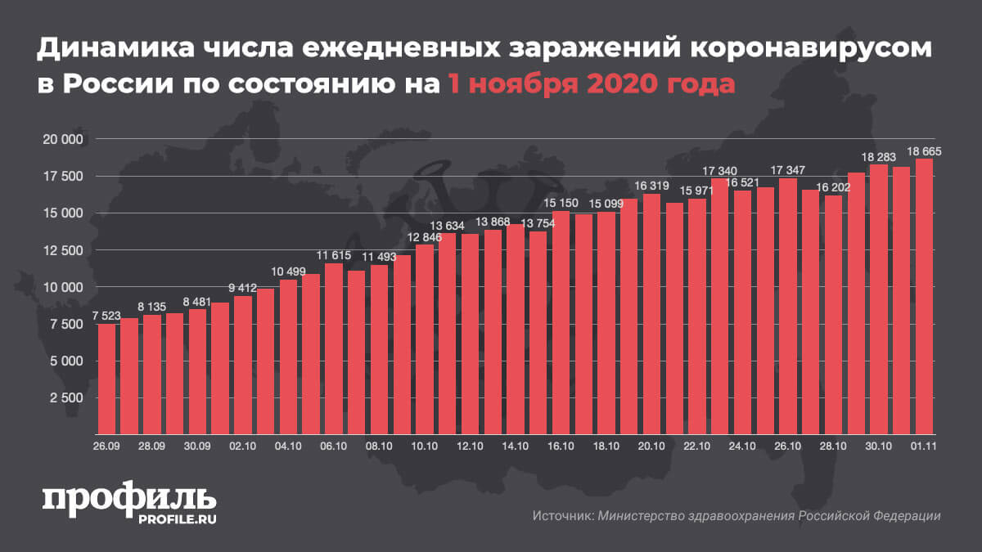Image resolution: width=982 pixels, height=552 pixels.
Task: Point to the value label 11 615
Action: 334,256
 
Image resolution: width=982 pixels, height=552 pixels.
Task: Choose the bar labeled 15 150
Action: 561,322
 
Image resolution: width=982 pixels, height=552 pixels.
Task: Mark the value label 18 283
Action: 878,157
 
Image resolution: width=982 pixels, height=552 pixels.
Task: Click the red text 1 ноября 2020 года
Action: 590,83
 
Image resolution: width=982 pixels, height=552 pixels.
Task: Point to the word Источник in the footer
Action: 561,516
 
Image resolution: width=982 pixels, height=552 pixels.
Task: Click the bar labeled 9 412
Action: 243,365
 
